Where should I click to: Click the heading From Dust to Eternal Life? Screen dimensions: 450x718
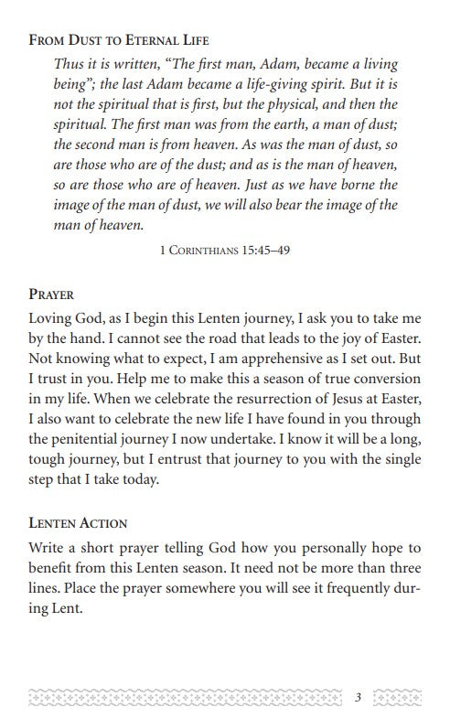click(x=120, y=40)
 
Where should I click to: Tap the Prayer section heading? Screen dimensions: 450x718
click(x=52, y=295)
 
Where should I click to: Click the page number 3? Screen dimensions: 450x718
click(x=359, y=698)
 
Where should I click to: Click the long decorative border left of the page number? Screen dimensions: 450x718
click(x=183, y=698)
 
